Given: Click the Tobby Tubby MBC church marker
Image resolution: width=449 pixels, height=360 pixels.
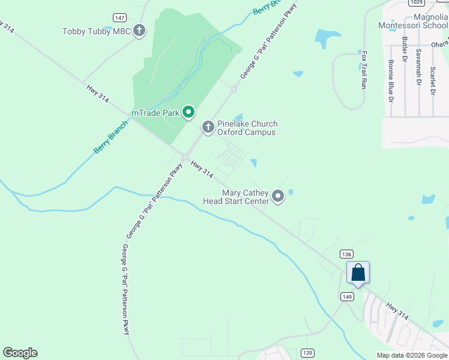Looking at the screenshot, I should coord(139,31).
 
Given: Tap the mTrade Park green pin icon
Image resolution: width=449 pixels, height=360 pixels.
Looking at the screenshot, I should coord(188,112).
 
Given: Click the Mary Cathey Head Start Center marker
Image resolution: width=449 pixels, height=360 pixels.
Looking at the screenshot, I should coord(278,196).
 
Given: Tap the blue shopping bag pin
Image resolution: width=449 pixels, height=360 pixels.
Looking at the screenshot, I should coord(358,273).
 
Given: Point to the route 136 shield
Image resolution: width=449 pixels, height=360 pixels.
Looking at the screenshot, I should coord(346,254).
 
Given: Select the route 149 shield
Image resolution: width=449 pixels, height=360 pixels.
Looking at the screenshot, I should coord(346,296).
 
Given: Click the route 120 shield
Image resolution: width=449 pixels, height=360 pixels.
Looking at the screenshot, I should coord(307,353).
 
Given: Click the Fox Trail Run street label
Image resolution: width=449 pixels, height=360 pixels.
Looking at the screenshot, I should coord(364,70).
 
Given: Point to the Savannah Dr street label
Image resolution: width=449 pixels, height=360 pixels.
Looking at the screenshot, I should coord(417,65).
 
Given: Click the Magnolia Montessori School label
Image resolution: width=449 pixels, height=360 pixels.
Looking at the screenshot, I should coord(414,22).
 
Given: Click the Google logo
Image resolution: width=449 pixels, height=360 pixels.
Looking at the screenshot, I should coord(20,353).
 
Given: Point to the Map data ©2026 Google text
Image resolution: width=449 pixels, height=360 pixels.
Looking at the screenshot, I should coord(412,355).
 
